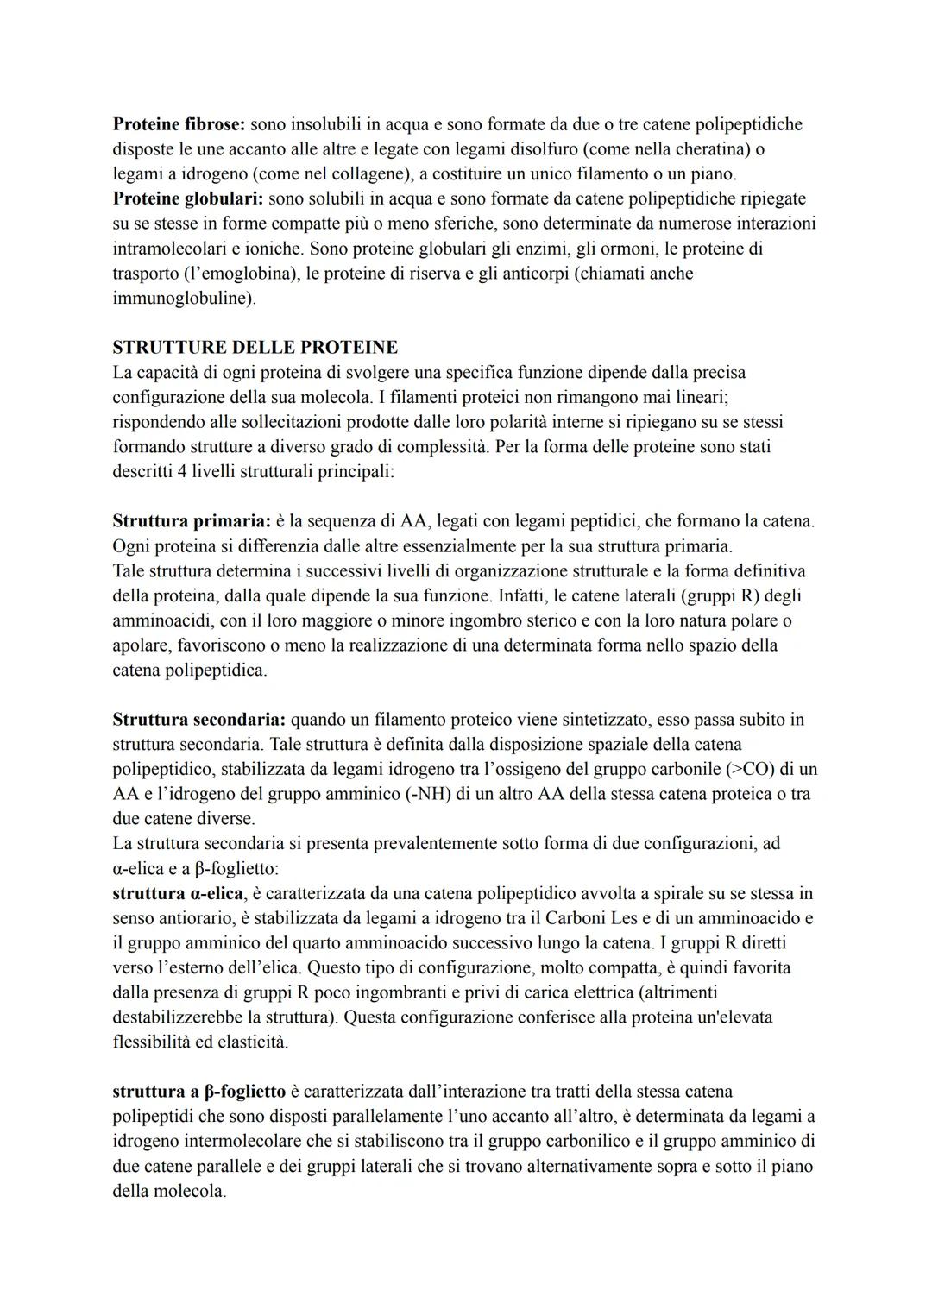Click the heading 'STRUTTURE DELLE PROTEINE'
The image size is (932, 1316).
(x=255, y=348)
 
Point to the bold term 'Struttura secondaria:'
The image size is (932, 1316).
(x=198, y=719)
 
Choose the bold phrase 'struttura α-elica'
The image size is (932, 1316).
(x=178, y=893)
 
